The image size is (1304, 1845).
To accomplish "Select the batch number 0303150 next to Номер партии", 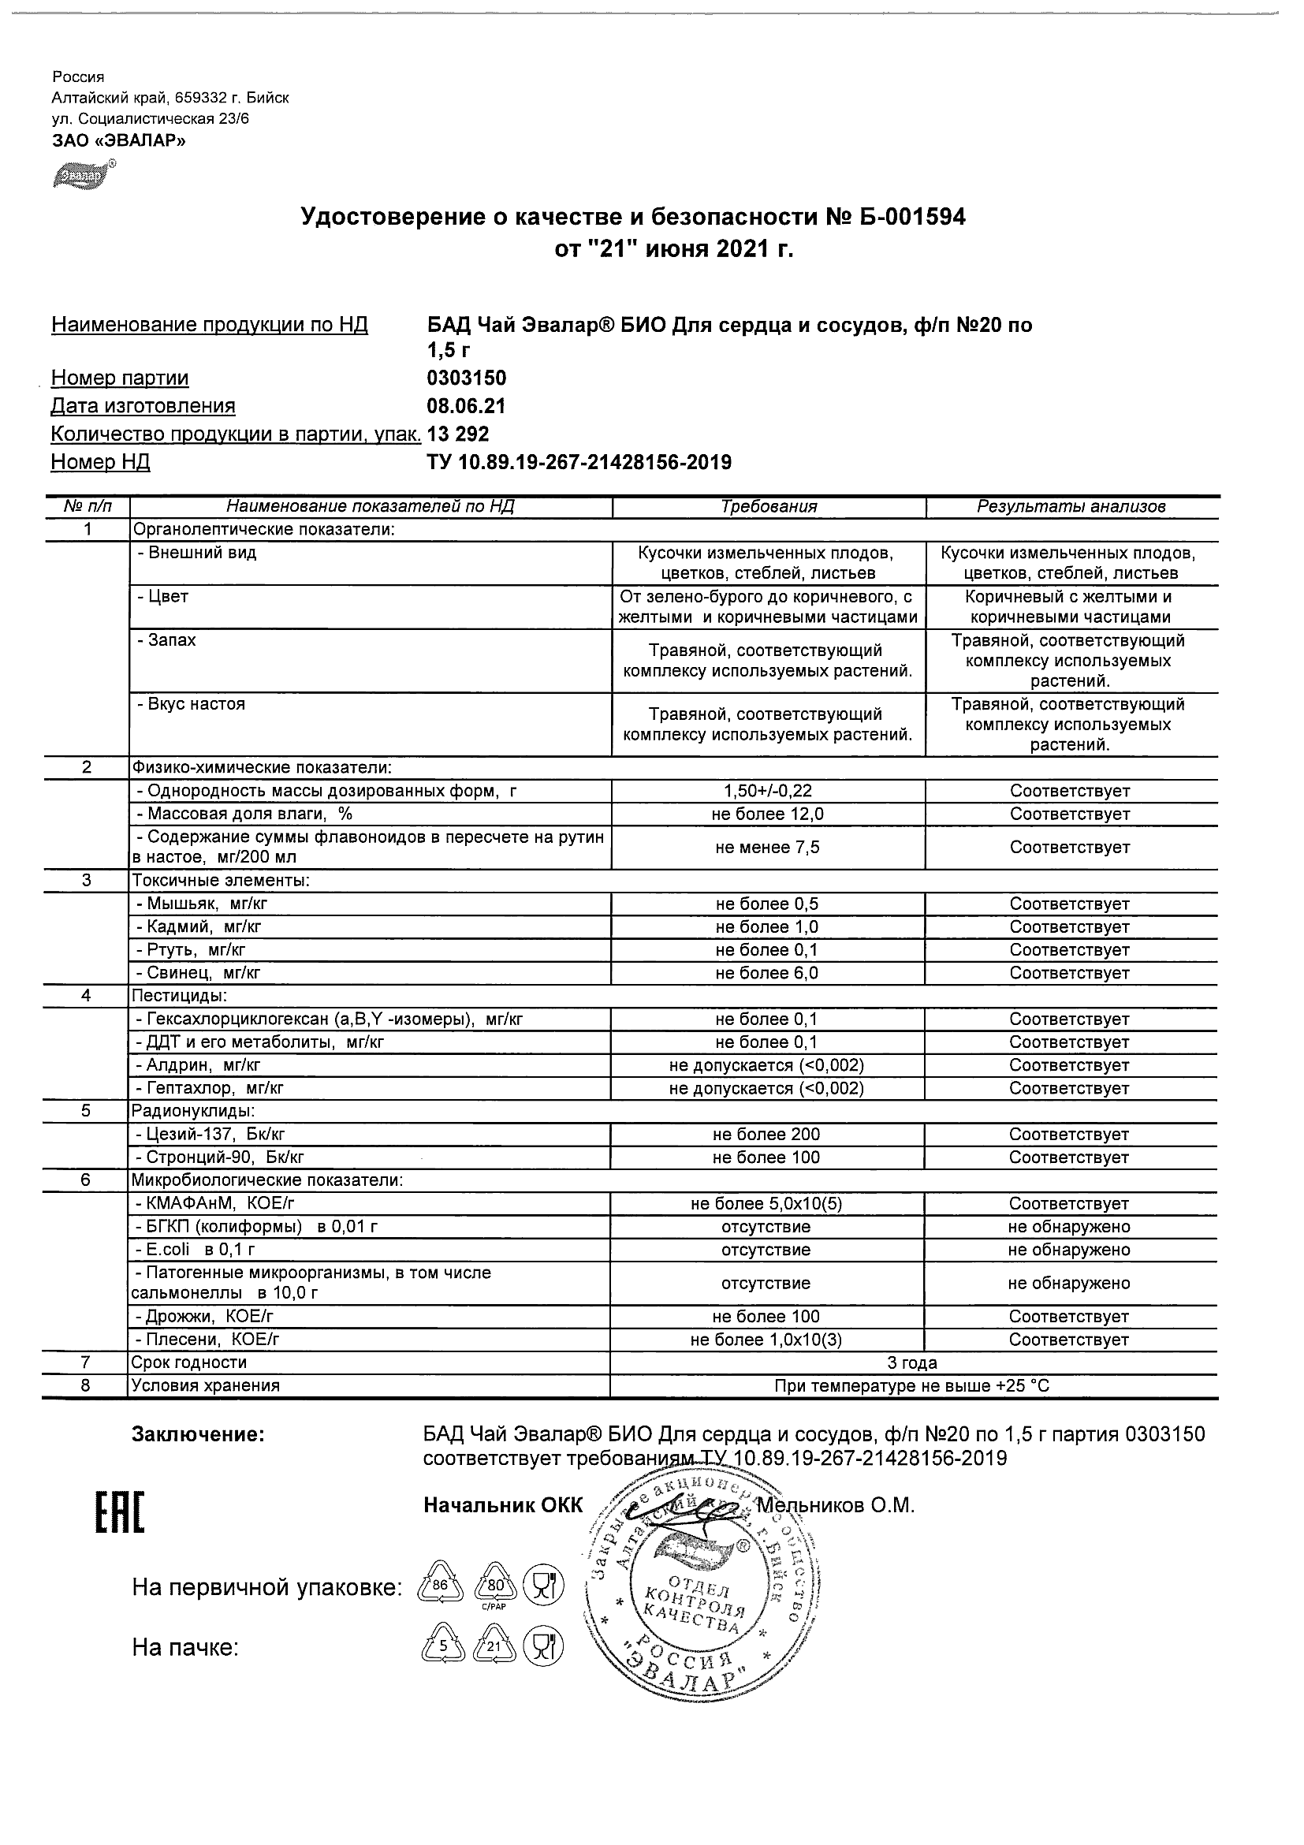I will (466, 378).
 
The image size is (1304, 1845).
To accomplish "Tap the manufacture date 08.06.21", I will (466, 407).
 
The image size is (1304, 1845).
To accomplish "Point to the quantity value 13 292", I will (458, 434).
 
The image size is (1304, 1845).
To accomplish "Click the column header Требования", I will (768, 507).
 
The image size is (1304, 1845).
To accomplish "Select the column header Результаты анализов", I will (1070, 507).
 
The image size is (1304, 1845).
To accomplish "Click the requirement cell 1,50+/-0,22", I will (767, 792).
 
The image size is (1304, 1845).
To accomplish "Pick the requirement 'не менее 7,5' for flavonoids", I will (767, 848).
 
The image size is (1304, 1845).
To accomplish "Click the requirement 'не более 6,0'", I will (767, 973).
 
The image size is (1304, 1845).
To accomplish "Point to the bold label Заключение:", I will (198, 1434).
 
